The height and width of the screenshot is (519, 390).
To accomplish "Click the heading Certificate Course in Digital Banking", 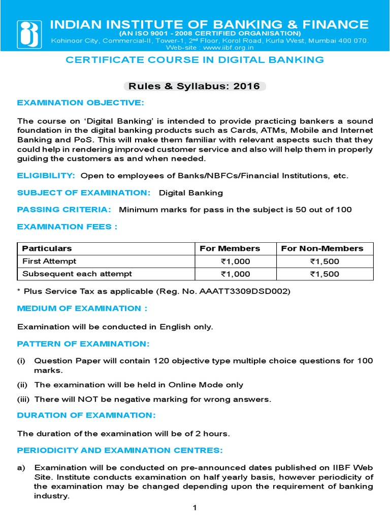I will coord(195,60).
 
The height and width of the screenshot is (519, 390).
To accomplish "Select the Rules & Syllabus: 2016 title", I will coord(194,86).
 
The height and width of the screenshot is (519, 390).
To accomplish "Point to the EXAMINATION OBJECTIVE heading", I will coord(81,103).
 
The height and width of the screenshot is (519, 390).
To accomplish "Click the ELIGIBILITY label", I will coord(46,175).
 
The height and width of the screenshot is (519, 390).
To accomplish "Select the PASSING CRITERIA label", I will coord(64,210).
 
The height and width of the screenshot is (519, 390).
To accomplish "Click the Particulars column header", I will coord(47,248).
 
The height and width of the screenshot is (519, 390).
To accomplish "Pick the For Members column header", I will coord(230,248).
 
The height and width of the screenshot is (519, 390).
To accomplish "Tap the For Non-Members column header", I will coord(322,248).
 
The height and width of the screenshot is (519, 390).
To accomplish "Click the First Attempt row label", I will coord(49,261).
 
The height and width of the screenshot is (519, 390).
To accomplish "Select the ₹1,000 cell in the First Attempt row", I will coord(235,262).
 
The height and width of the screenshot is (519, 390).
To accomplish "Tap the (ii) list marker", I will coord(22,385).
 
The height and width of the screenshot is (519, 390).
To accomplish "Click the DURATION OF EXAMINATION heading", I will coord(86,416).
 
